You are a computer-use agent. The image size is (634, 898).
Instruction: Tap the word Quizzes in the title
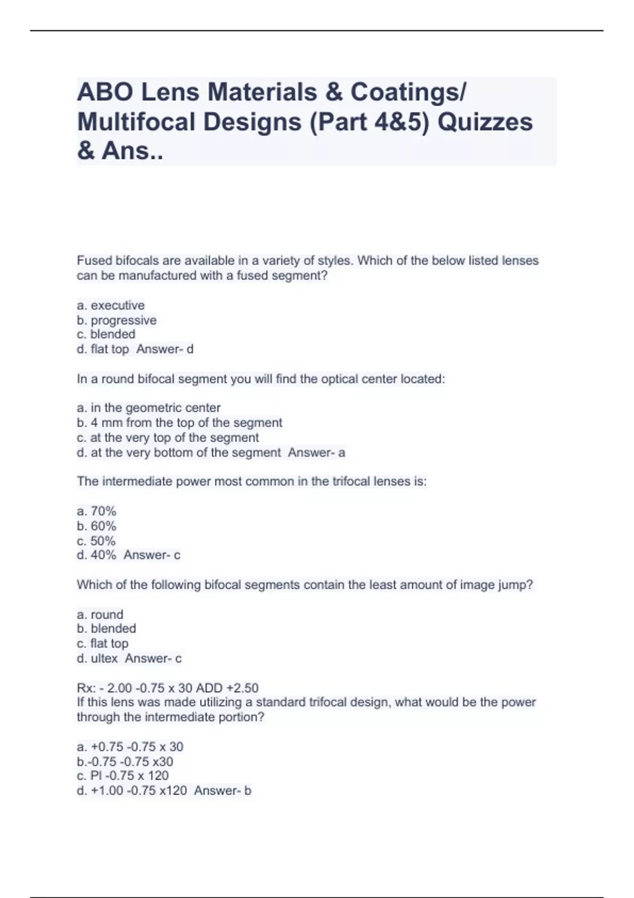pyautogui.click(x=485, y=122)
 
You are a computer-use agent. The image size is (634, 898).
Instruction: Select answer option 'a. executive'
pyautogui.click(x=110, y=305)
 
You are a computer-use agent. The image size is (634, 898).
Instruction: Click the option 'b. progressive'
pyautogui.click(x=117, y=320)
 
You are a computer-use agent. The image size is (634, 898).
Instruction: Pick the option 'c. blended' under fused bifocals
pyautogui.click(x=106, y=334)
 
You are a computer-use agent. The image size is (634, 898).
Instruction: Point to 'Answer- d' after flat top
pyautogui.click(x=165, y=349)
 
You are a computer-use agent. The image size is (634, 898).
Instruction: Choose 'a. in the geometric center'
pyautogui.click(x=148, y=408)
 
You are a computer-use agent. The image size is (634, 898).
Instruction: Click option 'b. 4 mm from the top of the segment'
pyautogui.click(x=179, y=423)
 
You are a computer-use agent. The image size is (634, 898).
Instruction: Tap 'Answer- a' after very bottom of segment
pyautogui.click(x=316, y=453)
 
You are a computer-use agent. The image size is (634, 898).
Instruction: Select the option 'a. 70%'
pyautogui.click(x=96, y=511)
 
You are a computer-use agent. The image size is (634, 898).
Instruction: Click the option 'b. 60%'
pyautogui.click(x=96, y=526)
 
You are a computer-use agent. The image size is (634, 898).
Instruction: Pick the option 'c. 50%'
pyautogui.click(x=96, y=541)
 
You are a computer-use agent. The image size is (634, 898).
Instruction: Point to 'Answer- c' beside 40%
pyautogui.click(x=152, y=555)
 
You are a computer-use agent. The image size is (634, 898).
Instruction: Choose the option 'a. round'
pyautogui.click(x=100, y=614)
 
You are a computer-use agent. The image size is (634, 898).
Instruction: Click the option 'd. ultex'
pyautogui.click(x=97, y=659)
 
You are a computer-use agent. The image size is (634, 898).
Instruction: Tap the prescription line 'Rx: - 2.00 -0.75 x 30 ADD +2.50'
pyautogui.click(x=167, y=688)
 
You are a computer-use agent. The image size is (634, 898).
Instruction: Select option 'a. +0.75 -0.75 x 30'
pyautogui.click(x=130, y=747)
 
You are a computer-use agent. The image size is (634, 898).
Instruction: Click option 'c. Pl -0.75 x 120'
pyautogui.click(x=123, y=776)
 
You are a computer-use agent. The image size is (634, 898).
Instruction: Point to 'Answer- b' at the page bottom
pyautogui.click(x=222, y=791)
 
